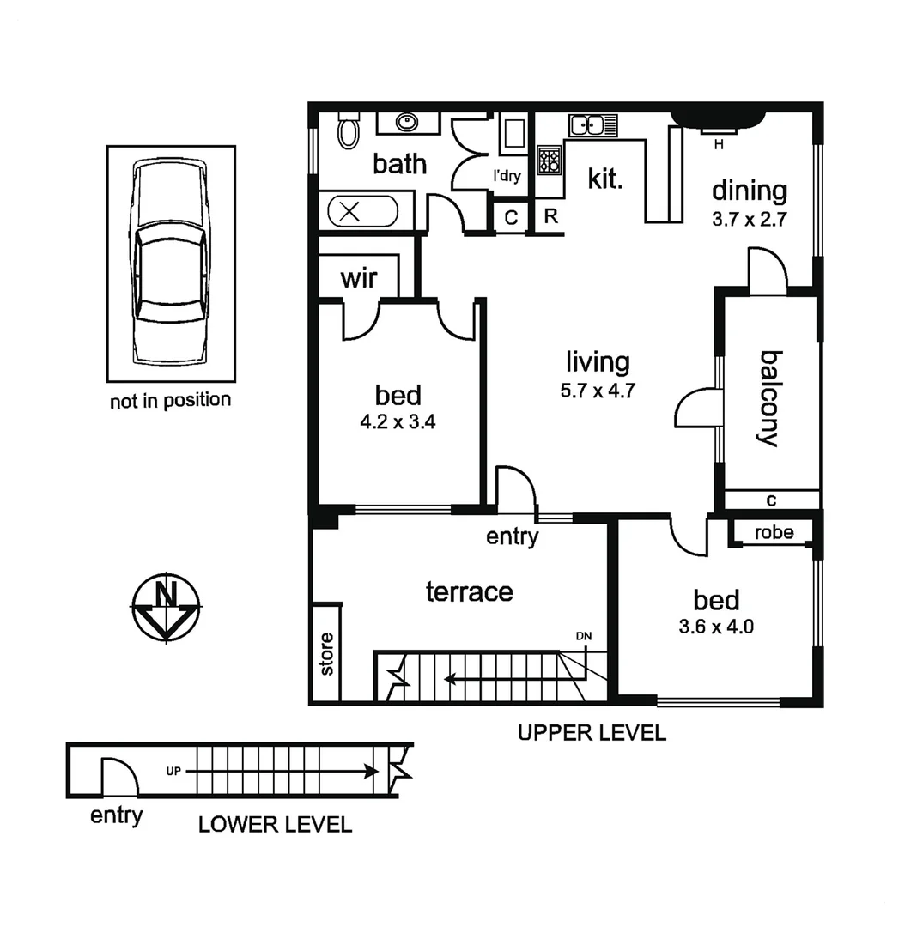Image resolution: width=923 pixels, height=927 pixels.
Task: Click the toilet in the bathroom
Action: (349, 130)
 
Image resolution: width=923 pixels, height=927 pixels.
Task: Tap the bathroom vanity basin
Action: (407, 123)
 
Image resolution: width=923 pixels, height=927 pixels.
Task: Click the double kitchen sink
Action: (592, 125)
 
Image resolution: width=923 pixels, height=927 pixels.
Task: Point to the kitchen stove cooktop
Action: (549, 160)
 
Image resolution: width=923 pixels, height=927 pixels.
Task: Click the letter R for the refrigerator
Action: (551, 217)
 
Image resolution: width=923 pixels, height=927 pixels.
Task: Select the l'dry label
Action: (507, 176)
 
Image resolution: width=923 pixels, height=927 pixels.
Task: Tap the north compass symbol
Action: (167, 606)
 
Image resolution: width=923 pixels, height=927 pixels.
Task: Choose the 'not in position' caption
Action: (170, 400)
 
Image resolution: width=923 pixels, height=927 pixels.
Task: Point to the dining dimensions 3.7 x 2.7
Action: (749, 219)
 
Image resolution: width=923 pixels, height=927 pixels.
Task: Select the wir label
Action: (360, 279)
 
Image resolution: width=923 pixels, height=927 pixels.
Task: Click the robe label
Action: (774, 532)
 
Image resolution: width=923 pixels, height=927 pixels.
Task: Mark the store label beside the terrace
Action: (327, 654)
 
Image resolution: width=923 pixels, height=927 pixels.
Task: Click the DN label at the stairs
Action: (584, 636)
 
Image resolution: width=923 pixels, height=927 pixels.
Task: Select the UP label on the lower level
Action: (174, 771)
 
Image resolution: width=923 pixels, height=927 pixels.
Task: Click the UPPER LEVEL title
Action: (591, 733)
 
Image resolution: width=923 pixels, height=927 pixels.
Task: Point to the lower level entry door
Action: (119, 778)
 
